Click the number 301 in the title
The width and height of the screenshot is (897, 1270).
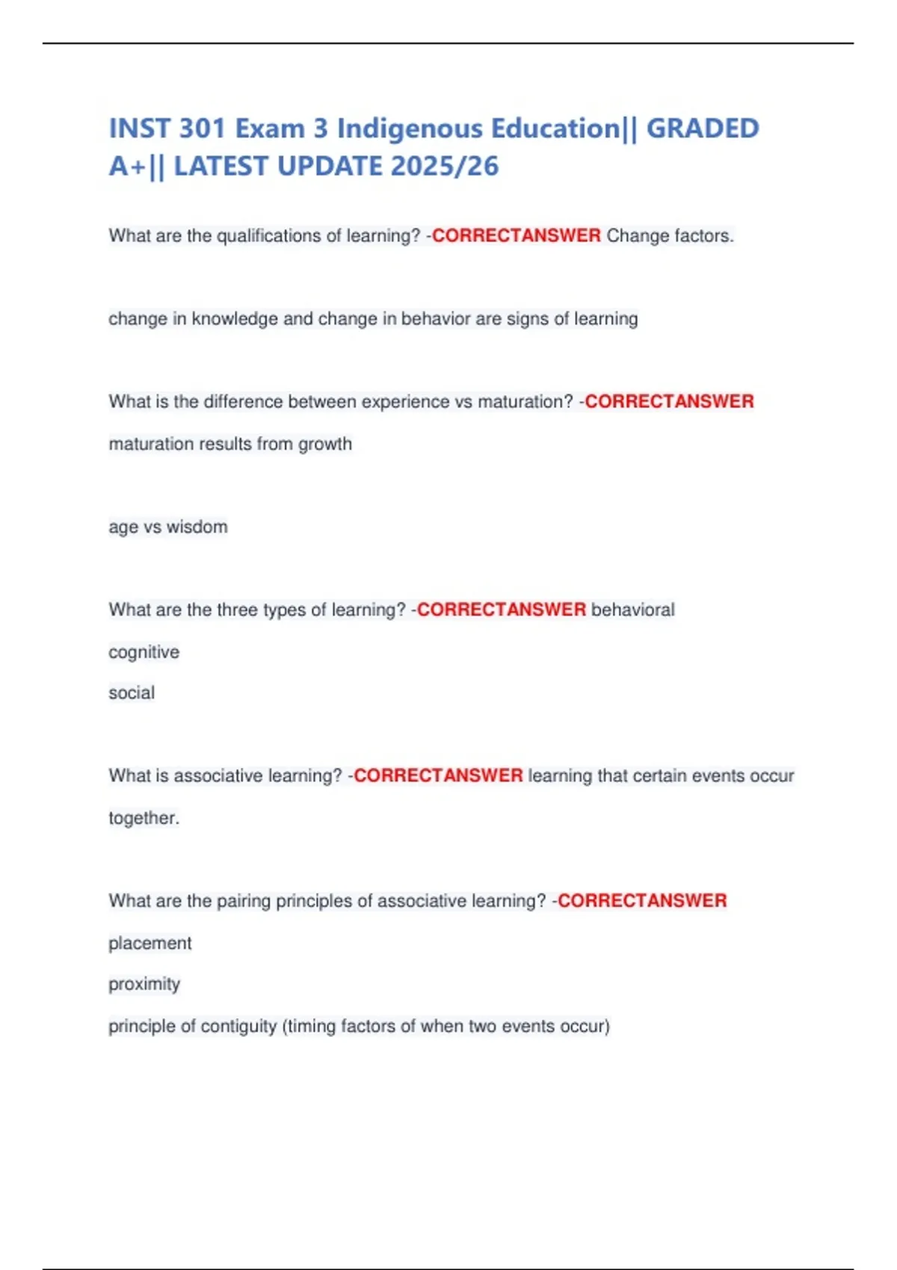pos(203,128)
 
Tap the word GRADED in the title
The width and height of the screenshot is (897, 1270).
pos(702,128)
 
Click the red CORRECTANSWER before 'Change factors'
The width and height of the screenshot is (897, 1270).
pos(516,236)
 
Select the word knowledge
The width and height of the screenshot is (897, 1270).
pos(235,319)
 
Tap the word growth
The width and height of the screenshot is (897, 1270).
pos(325,444)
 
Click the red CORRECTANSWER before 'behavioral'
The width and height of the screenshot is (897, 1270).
pos(501,610)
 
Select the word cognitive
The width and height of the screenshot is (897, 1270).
pos(144,652)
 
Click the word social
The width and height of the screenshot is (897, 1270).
pos(132,693)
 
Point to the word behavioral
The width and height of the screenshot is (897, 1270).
pos(632,610)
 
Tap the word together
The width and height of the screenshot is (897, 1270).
pos(143,818)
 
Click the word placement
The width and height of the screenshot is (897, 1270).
pos(150,944)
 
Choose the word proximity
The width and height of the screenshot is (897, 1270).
pos(144,985)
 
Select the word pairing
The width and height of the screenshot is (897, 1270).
pos(244,901)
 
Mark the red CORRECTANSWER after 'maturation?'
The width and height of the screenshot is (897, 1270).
pos(669,402)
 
